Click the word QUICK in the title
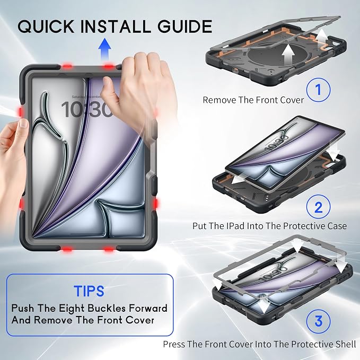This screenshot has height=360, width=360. pos(46,27)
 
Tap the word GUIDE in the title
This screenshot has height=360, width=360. pos(185,27)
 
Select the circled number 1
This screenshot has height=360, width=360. pos(319,90)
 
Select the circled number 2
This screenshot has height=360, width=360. pos(319,207)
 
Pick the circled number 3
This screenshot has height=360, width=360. pos(319,321)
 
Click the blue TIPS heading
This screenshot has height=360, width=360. pos(89,291)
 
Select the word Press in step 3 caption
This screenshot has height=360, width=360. pos(174,344)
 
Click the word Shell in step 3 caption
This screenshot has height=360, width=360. pos(347,344)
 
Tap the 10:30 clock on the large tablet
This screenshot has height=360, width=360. pos(85,109)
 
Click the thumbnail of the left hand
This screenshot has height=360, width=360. pos(23,124)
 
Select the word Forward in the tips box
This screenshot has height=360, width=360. pos(148,308)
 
